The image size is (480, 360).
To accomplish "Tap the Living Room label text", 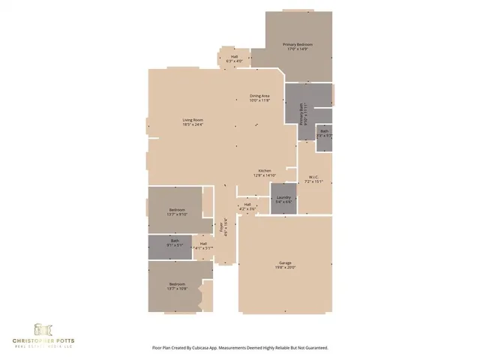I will pos(193,121).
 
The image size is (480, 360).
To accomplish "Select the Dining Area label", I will pos(259,97).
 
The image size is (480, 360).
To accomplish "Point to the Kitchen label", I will pos(265,171).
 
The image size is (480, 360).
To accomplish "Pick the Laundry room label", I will pos(283,197).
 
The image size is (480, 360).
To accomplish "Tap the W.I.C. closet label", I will pos(313,177).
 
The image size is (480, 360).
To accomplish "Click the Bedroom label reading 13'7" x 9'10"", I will pos(177,209).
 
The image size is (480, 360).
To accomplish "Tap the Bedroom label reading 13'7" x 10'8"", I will pos(177,283).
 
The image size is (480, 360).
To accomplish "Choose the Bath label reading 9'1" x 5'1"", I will pos(174,241).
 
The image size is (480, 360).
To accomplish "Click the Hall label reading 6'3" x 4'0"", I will pos(234,57).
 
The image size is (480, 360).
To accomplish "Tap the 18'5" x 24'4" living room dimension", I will pos(193,125).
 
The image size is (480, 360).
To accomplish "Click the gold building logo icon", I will pos(42,328).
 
